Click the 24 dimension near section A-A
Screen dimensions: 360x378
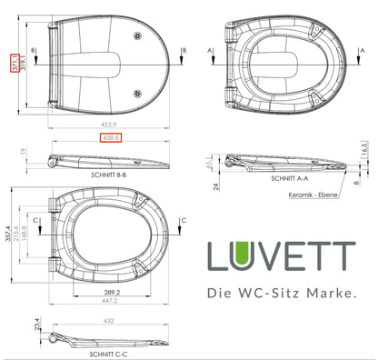[x=216, y=186]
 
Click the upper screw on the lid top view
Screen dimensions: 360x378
[x=138, y=34]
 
